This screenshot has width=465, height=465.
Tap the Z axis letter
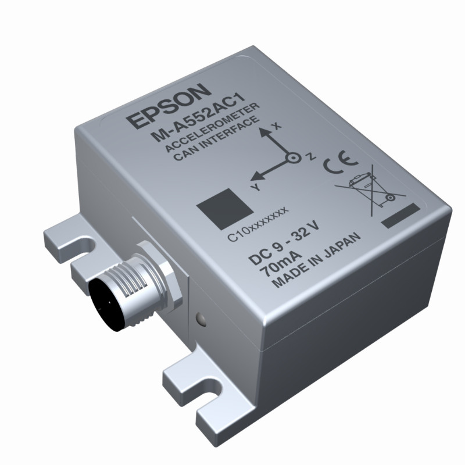coord(311,157)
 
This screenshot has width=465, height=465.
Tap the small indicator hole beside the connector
coord(201,319)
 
